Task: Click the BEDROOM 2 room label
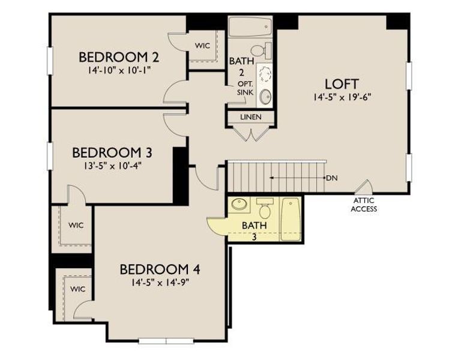tap(119, 58)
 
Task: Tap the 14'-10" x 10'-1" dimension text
tap(119, 70)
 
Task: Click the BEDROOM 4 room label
tap(159, 269)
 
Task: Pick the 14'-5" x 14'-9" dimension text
tap(159, 281)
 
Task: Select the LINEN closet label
tap(250, 117)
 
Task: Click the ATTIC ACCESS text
tap(364, 205)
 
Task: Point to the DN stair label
tap(332, 178)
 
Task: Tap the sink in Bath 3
tap(239, 204)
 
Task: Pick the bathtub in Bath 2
tap(250, 28)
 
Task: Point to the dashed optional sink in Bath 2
tap(265, 74)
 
